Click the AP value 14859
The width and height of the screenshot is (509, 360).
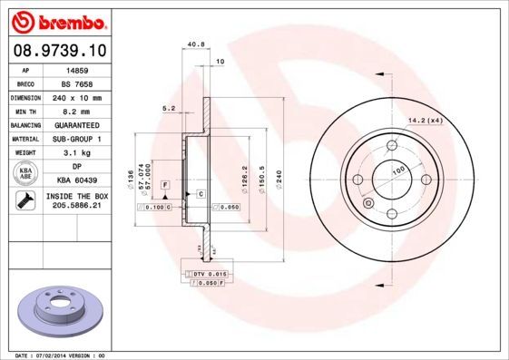point(76,70)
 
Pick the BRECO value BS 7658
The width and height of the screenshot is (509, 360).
point(76,83)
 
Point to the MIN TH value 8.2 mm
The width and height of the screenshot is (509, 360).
point(76,112)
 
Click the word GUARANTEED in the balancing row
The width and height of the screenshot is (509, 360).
point(76,125)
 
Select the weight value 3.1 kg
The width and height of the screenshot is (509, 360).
point(76,153)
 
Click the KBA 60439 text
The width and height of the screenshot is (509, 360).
point(76,180)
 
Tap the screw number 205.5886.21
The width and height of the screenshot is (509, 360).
point(76,207)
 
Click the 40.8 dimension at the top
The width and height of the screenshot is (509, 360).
point(192,43)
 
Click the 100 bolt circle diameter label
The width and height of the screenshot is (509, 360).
point(396,170)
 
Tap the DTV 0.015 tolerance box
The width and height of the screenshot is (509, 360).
point(209,273)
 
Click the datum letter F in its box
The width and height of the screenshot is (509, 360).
point(166,184)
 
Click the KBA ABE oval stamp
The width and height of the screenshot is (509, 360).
point(25,173)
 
